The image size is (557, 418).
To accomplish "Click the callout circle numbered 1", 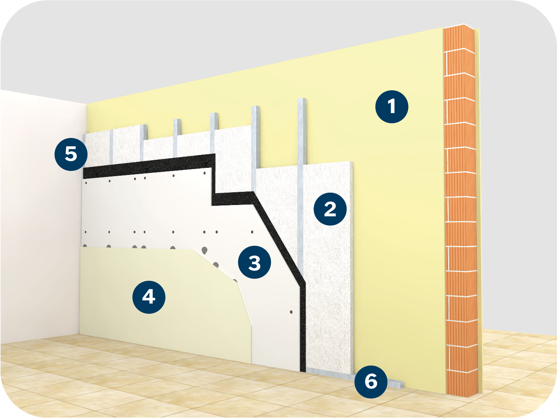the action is pyautogui.click(x=392, y=106).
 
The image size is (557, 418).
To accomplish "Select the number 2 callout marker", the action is pyautogui.click(x=330, y=209).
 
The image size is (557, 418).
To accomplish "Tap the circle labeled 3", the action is pyautogui.click(x=254, y=262).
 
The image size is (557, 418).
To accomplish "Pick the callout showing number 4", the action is pyautogui.click(x=149, y=297).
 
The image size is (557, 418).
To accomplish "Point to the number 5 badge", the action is pyautogui.click(x=71, y=154).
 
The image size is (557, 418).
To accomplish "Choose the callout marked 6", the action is pyautogui.click(x=371, y=381).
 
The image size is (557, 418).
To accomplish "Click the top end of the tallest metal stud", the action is pyautogui.click(x=302, y=99).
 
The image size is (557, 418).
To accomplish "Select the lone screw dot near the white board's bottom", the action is pyautogui.click(x=291, y=312).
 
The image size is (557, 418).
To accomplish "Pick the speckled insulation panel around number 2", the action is pyautogui.click(x=327, y=270).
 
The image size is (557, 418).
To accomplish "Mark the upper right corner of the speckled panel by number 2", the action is pyautogui.click(x=352, y=161).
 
